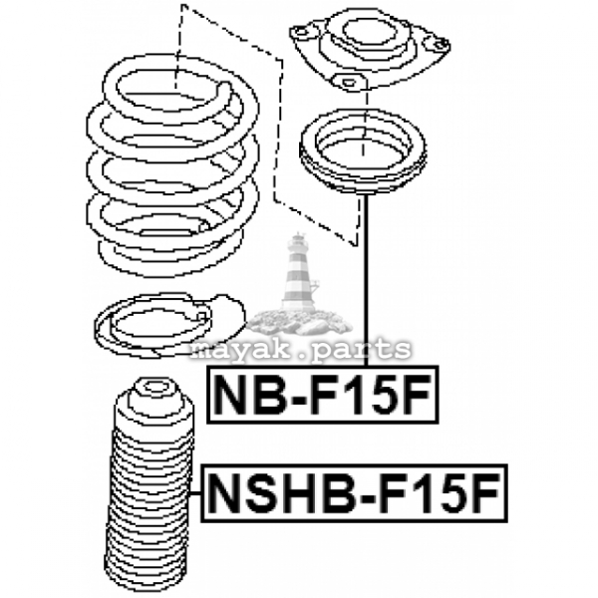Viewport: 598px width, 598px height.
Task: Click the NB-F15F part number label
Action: pyautogui.click(x=323, y=395)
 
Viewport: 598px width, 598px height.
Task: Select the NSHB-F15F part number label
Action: pyautogui.click(x=354, y=493)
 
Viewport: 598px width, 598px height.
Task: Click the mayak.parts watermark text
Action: pyautogui.click(x=301, y=349)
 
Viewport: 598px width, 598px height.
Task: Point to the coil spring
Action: pyautogui.click(x=172, y=166)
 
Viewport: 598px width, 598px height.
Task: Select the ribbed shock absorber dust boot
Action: pyautogui.click(x=149, y=485)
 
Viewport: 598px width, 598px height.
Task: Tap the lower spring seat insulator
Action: pyautogui.click(x=169, y=325)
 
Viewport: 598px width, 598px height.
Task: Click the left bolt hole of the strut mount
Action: pyautogui.click(x=301, y=32)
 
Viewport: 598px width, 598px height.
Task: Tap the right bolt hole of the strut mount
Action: pyautogui.click(x=441, y=44)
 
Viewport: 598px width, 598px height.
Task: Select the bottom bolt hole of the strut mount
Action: pyautogui.click(x=348, y=82)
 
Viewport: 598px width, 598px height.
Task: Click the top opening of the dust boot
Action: pyautogui.click(x=154, y=388)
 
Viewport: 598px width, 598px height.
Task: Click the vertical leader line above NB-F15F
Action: pyautogui.click(x=366, y=279)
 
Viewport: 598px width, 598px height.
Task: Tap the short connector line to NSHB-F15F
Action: pyautogui.click(x=195, y=493)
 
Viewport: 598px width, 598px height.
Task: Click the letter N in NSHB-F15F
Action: pyautogui.click(x=224, y=493)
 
